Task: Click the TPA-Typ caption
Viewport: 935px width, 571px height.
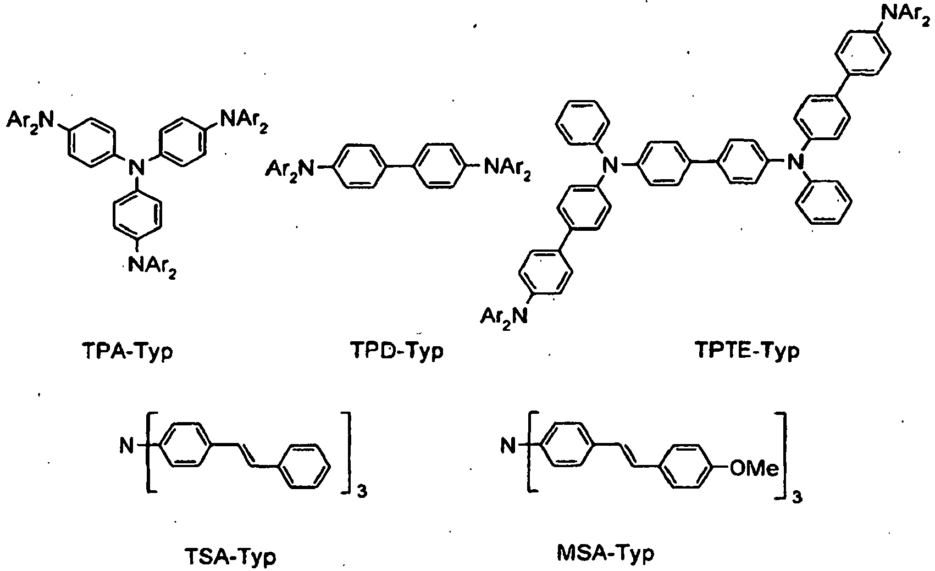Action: tap(126, 351)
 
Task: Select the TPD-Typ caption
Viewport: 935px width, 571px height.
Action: tap(396, 351)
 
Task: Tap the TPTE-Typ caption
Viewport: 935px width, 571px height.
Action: tap(748, 351)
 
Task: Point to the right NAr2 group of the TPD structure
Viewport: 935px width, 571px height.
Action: tap(507, 168)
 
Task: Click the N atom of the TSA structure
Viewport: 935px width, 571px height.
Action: tap(126, 446)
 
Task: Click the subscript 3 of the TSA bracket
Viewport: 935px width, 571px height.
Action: tap(361, 493)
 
